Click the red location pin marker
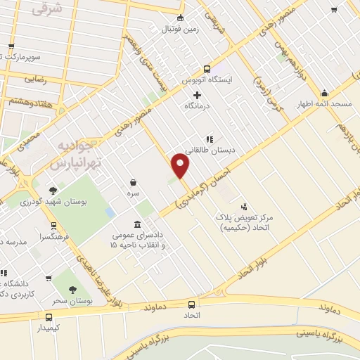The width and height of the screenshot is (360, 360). (181, 166)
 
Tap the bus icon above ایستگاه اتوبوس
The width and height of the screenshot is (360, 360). (206, 69)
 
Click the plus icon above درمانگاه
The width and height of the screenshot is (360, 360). (197, 95)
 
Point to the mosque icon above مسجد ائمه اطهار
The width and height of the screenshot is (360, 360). (324, 93)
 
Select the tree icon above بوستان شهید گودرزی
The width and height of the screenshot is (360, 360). (53, 190)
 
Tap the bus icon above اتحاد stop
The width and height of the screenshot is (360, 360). (191, 304)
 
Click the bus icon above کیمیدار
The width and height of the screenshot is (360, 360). (49, 316)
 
